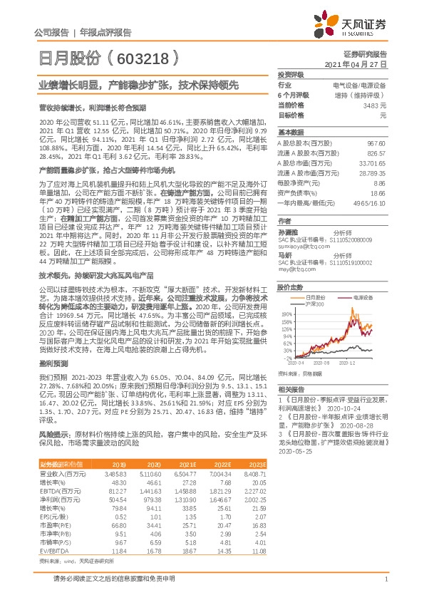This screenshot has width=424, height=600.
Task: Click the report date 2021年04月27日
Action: pyautogui.click(x=356, y=64)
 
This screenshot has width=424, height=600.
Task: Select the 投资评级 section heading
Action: pyautogui.click(x=291, y=75)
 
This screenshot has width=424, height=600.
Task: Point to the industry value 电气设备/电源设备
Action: pyautogui.click(x=359, y=85)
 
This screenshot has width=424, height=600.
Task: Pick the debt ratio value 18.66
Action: pyautogui.click(x=378, y=193)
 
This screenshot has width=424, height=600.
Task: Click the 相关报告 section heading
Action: pyautogui.click(x=291, y=389)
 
